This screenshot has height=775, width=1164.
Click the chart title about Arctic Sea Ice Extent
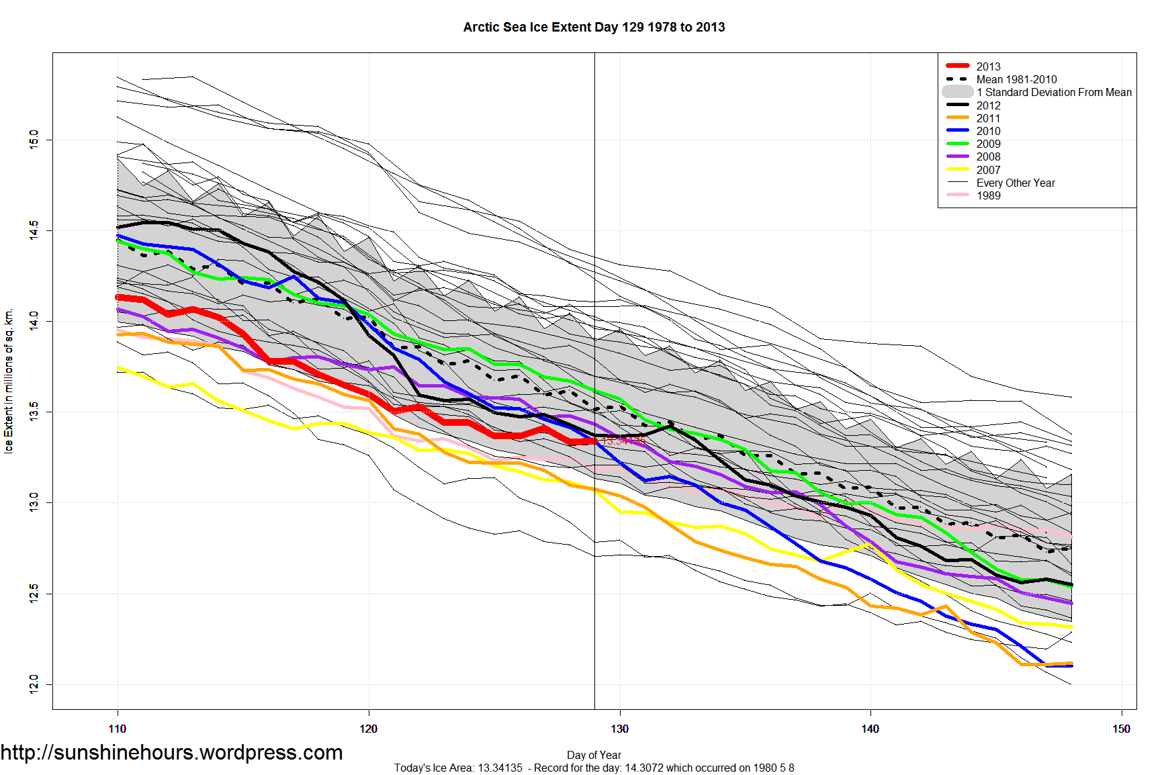pos(594,28)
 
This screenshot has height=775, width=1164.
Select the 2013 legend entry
pos(988,66)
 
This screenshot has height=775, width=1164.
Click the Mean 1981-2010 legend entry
pos(1016,79)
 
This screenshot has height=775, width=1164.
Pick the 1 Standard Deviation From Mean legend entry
pos(1054,92)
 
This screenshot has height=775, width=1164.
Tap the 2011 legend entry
pos(988,118)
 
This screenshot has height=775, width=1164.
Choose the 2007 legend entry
pos(988,170)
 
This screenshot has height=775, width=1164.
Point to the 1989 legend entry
pos(988,195)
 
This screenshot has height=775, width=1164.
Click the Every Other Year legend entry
pos(1016,183)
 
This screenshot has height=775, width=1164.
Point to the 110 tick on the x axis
pos(118,729)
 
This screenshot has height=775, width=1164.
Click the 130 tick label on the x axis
pos(619,729)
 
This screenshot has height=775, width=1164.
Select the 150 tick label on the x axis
pos(1121,729)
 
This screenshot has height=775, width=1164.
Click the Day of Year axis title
pos(594,755)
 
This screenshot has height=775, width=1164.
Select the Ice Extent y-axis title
pos(9,381)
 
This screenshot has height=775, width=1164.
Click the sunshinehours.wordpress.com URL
pos(172,753)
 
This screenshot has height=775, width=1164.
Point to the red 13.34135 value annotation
pos(624,441)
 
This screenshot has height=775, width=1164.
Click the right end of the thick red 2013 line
pos(594,441)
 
